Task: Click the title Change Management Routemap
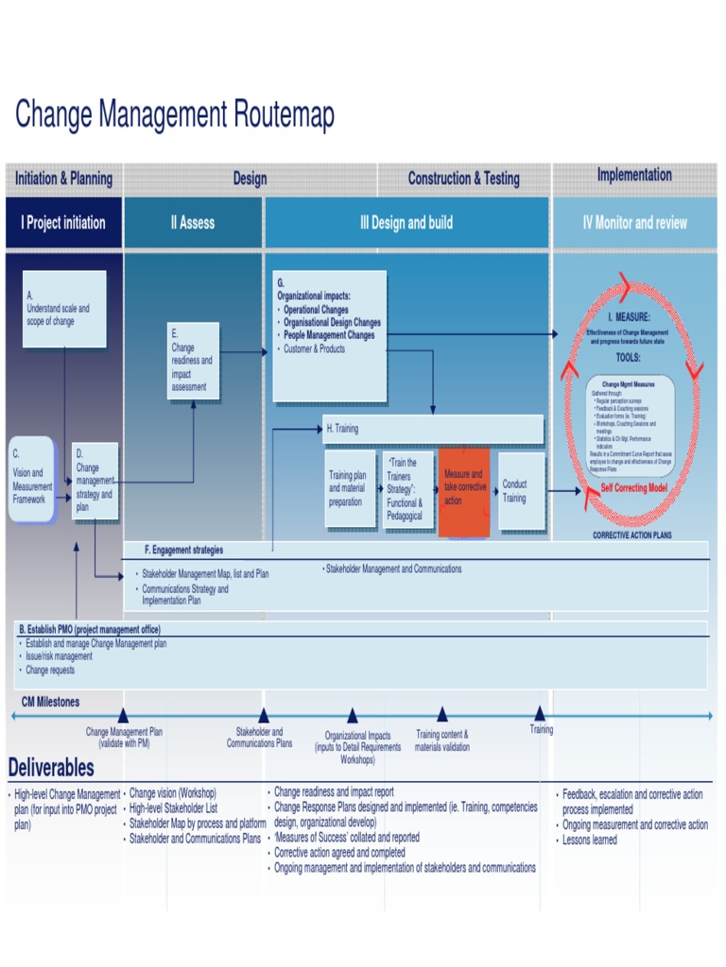175,116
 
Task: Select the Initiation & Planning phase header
63,178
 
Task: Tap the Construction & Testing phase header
463,178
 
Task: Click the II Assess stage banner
193,223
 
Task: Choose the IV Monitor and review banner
634,223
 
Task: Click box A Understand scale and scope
64,309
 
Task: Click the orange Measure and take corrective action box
464,492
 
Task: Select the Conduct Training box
521,491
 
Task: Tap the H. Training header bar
433,429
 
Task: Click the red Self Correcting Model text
634,488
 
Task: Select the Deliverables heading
51,766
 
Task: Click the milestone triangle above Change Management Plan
123,716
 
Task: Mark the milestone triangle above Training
540,713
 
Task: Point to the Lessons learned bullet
589,840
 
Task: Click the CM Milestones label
51,702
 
